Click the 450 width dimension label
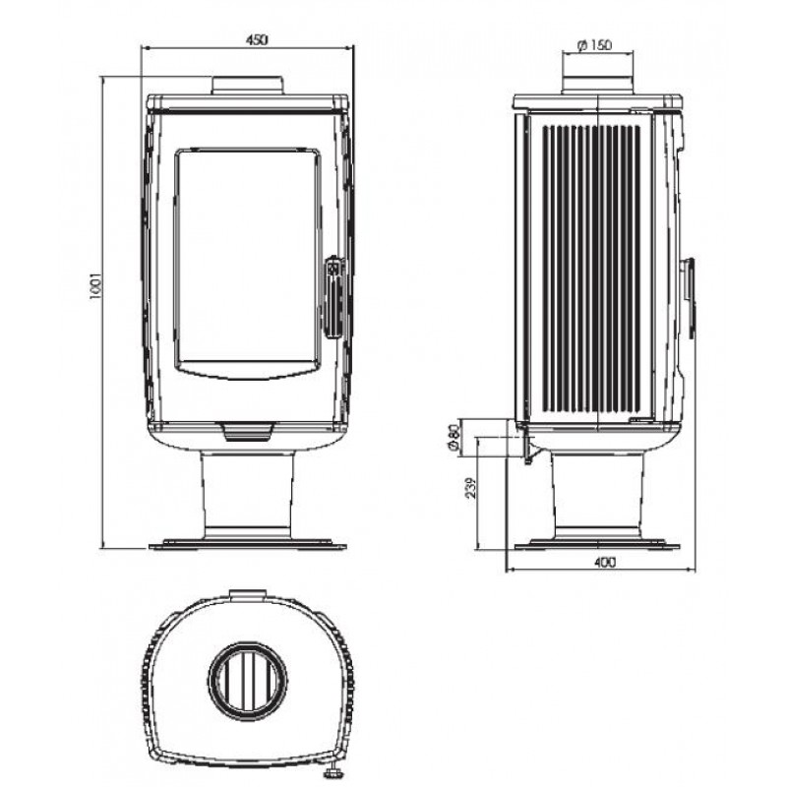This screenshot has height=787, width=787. point(257,39)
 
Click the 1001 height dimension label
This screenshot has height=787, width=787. point(95,286)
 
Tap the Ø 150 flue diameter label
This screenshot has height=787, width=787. point(595,45)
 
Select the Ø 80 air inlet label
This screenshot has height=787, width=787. point(454,437)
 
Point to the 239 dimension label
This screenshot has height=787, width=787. point(471,487)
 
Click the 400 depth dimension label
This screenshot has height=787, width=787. point(604,563)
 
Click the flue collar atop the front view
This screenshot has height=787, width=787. point(248,85)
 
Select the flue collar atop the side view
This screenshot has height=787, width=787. point(597,85)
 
